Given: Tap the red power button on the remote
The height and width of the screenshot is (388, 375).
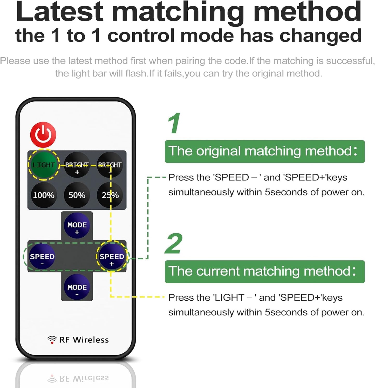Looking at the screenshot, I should [x=43, y=135].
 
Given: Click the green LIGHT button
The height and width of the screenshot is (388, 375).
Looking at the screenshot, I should [x=44, y=165].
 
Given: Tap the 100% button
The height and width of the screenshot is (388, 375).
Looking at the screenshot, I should [x=44, y=195].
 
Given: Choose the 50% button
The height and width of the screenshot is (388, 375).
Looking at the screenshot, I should [x=77, y=195].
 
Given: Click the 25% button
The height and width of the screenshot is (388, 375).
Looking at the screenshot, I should [x=110, y=195].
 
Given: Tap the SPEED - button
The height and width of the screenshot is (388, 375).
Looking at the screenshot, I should [x=42, y=257].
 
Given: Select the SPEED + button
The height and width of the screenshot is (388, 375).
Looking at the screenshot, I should [x=112, y=257].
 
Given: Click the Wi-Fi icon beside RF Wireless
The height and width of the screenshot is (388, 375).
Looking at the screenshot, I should [x=52, y=340].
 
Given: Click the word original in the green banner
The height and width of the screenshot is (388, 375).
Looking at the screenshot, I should [x=218, y=151].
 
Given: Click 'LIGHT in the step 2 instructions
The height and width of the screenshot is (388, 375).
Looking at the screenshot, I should [x=228, y=298].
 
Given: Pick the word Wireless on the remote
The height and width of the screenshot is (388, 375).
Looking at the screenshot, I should [x=91, y=340].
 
